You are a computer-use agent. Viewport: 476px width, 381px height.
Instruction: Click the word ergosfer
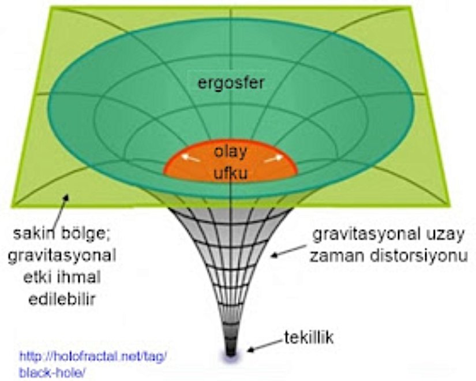tap(231, 84)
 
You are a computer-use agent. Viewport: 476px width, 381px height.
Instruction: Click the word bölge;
tap(87, 236)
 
